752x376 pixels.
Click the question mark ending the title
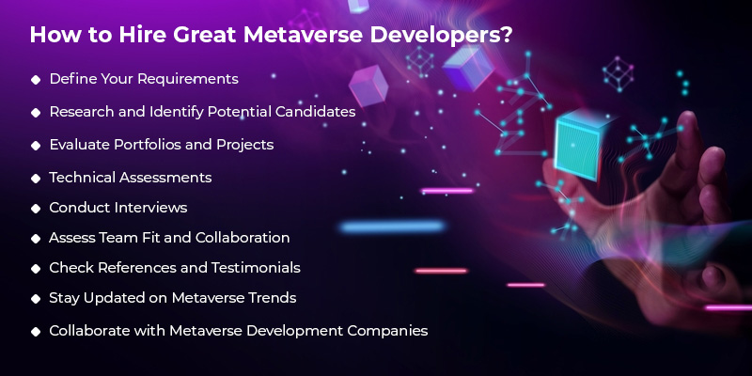coord(509,37)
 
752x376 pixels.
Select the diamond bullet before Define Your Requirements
coord(36,79)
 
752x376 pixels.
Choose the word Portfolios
coord(147,145)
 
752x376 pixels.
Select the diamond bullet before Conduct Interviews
coord(36,208)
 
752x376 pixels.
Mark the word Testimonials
coord(253,268)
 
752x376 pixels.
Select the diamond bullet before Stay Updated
coord(36,299)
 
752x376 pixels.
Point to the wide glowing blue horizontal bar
coord(392,227)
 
